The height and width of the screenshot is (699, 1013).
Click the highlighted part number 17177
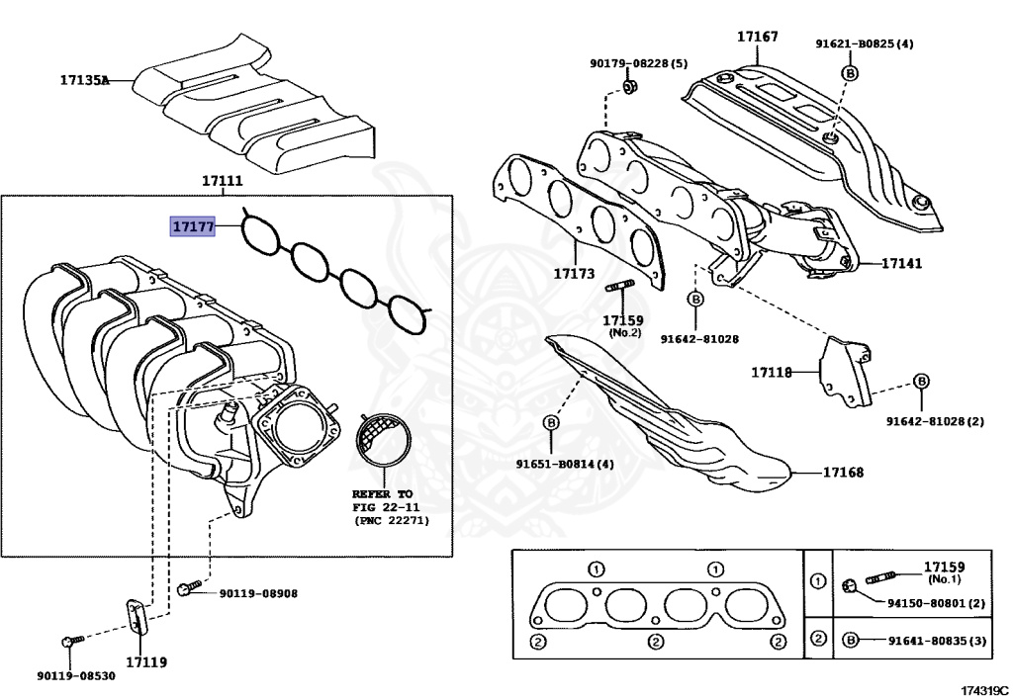click(x=192, y=227)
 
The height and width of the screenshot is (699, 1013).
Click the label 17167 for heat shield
click(x=757, y=38)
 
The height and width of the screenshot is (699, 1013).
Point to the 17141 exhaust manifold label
click(x=901, y=264)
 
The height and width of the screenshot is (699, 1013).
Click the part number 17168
click(x=843, y=473)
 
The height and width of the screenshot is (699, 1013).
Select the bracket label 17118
click(x=771, y=373)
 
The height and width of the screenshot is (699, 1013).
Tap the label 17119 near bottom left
click(x=145, y=661)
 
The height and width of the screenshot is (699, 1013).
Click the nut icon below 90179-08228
click(x=630, y=90)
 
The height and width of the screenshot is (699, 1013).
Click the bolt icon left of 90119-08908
click(x=186, y=590)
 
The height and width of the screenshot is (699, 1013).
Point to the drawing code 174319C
click(x=983, y=689)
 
